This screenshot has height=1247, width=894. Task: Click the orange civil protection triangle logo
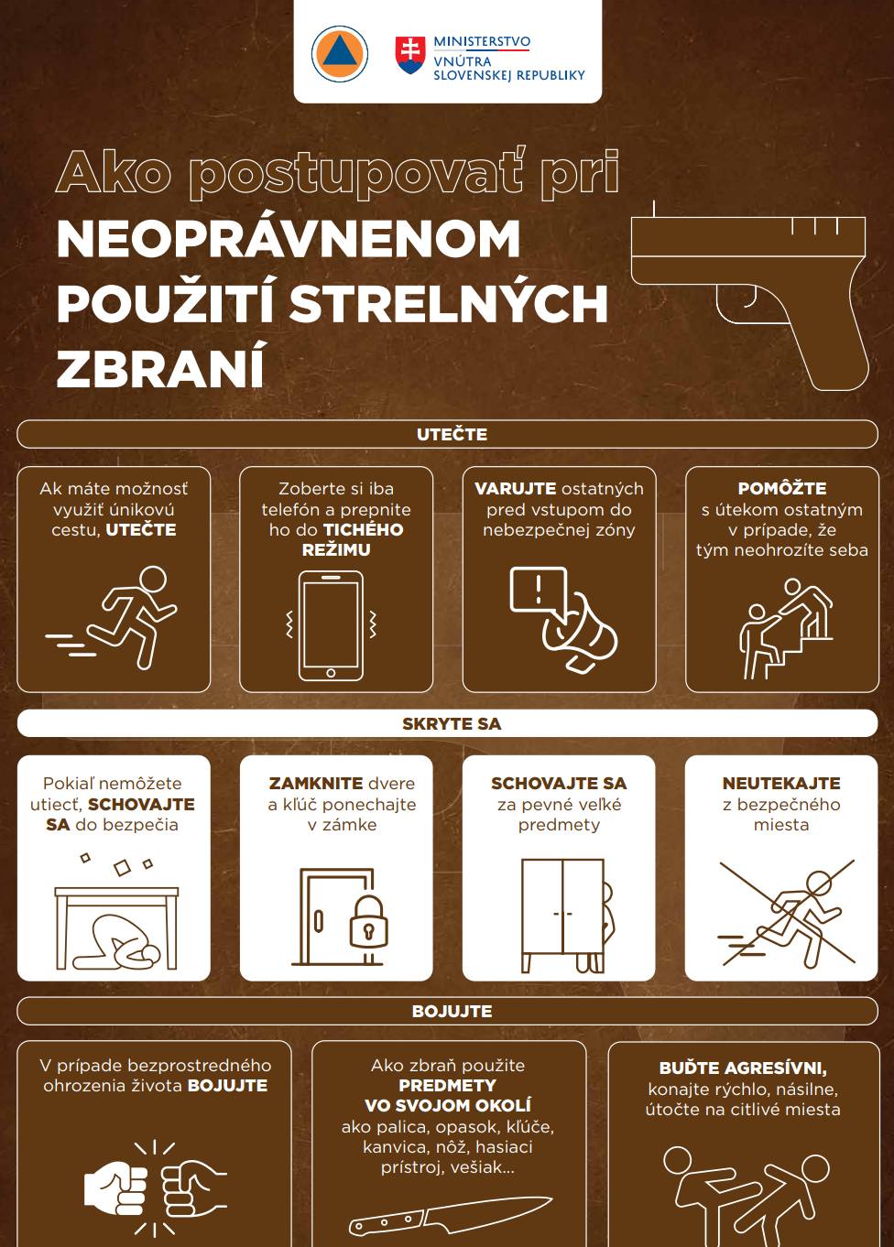point(339,55)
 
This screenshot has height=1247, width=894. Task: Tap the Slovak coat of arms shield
point(410,55)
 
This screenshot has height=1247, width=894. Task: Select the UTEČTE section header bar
point(447,434)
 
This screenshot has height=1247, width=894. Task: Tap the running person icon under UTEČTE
point(112,617)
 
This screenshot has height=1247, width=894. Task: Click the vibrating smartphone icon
point(331,625)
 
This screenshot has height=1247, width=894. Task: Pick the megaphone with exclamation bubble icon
point(563,619)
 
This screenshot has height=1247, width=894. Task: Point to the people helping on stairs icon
point(786,628)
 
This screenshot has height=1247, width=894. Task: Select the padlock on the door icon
point(368,921)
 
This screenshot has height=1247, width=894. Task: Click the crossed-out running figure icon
point(787,916)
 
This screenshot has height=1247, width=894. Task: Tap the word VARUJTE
point(515,488)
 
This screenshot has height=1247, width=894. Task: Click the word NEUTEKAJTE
point(781,784)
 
